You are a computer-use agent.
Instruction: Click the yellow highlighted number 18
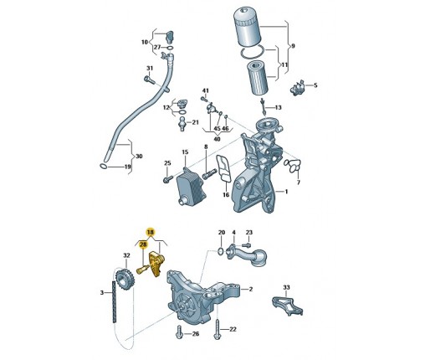(151, 232)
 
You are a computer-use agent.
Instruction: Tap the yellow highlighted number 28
(143, 244)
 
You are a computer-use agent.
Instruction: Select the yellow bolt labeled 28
(142, 270)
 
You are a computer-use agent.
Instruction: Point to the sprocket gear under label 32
(125, 280)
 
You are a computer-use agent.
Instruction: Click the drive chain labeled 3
(114, 302)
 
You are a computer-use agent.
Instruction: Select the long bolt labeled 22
(218, 329)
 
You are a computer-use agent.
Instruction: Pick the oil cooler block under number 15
(191, 185)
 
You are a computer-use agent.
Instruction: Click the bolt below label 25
(168, 179)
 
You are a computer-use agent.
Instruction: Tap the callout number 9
(293, 46)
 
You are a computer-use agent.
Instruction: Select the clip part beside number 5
(297, 88)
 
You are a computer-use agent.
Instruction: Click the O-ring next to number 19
(103, 167)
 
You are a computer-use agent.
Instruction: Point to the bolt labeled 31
(150, 80)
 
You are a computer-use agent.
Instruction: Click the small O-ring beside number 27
(169, 48)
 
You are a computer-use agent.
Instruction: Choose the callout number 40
(217, 139)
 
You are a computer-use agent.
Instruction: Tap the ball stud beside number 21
(182, 124)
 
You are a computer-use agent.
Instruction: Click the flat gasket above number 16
(224, 169)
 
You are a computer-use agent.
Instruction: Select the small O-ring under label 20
(220, 251)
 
